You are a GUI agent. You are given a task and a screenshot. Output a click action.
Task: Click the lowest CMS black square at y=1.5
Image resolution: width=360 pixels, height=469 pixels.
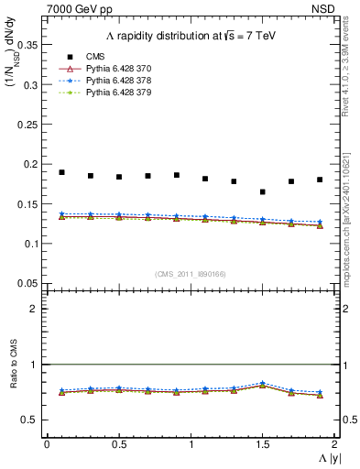(x=263, y=191)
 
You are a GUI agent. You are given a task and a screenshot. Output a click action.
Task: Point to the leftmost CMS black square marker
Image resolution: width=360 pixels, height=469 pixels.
(x=61, y=172)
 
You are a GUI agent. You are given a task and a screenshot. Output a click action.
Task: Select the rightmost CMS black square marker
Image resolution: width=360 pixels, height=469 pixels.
(x=320, y=180)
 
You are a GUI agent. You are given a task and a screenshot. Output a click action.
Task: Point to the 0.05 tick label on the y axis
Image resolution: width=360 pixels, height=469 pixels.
(x=28, y=282)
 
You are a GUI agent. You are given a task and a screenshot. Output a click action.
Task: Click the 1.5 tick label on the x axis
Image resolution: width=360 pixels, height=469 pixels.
(x=262, y=445)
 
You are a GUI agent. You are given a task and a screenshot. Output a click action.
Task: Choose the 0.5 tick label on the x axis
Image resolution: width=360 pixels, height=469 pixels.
(x=118, y=445)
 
